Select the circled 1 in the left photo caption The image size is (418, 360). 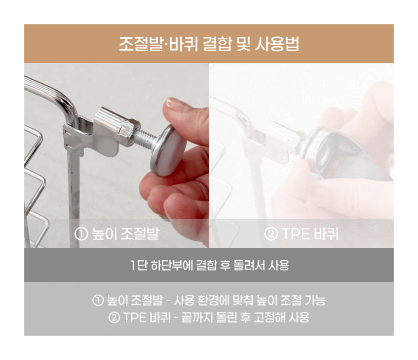point(81,234)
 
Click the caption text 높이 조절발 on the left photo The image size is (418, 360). point(125,234)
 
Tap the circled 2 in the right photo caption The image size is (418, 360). point(271,234)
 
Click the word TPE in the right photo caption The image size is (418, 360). point(296,234)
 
